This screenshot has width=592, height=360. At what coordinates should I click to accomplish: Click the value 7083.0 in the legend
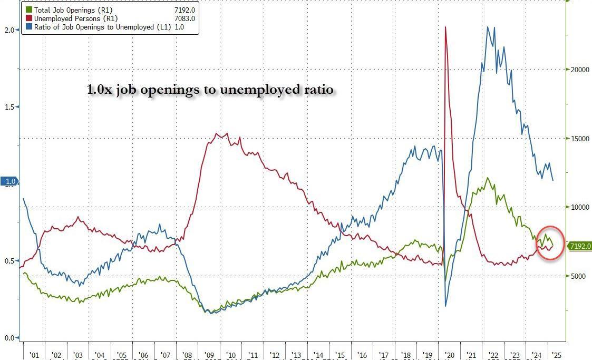(185, 18)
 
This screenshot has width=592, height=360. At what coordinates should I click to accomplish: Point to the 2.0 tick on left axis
(9, 30)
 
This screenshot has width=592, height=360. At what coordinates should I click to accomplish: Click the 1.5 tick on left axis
(9, 107)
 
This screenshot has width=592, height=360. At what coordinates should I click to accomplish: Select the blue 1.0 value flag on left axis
(10, 182)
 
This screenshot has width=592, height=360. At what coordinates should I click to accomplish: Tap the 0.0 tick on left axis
(9, 338)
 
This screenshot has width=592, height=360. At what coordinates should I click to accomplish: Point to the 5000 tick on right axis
(577, 276)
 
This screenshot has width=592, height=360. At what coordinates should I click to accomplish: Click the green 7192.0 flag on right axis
(579, 246)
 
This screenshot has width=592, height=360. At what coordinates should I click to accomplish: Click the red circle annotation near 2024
(550, 244)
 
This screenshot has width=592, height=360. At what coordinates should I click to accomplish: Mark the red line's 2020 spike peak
(446, 27)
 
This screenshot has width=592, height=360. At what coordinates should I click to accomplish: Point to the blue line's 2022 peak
(488, 27)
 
